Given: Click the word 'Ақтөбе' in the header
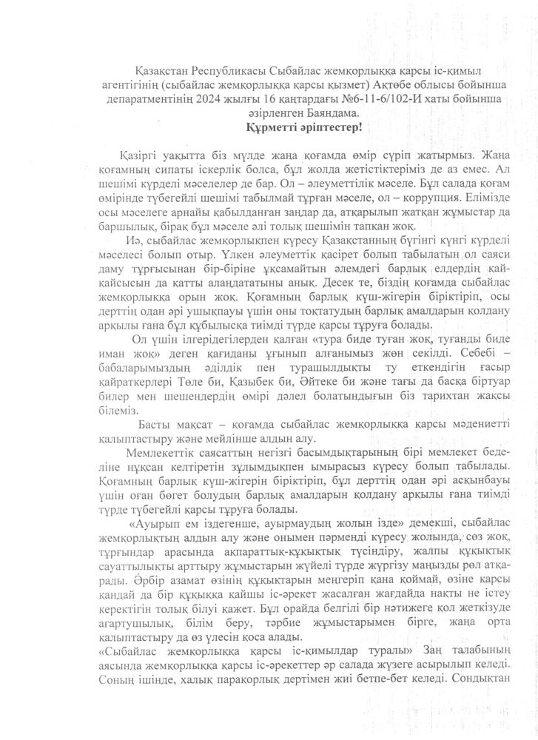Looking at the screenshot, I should [x=319, y=85].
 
